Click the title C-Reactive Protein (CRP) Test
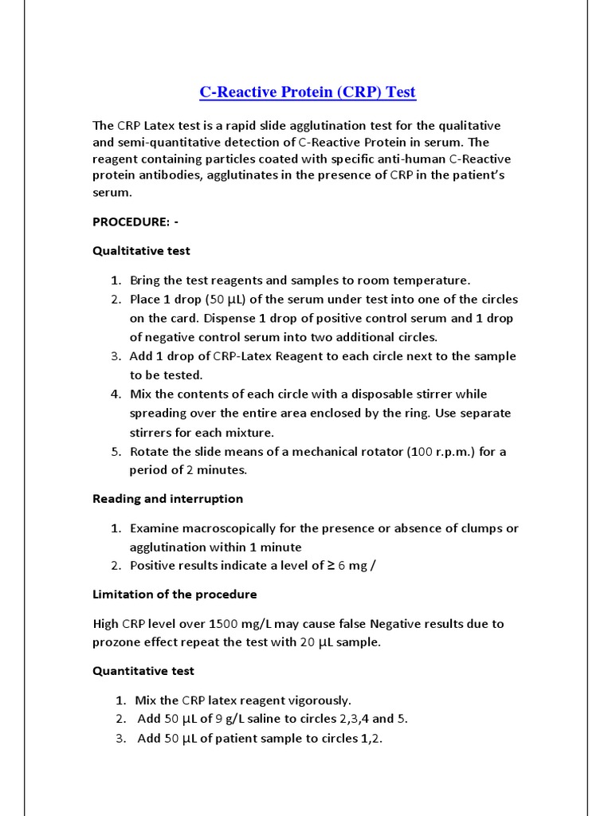307,92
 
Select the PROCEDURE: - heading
135,222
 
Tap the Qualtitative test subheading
141,250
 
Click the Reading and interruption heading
167,499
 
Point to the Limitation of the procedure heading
175,594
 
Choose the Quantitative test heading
143,671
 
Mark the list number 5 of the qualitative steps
116,452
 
